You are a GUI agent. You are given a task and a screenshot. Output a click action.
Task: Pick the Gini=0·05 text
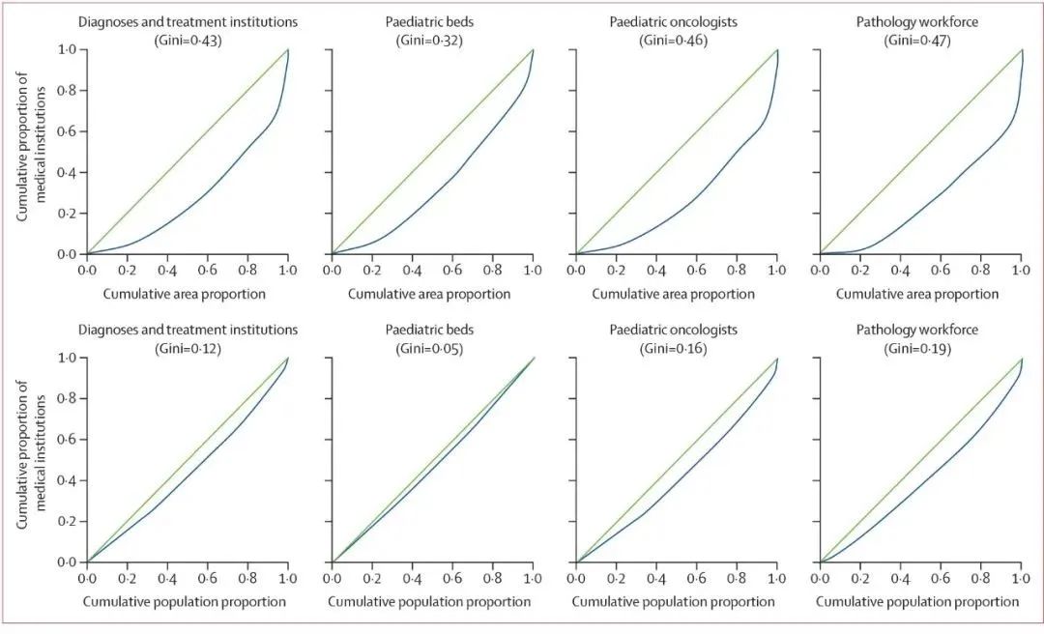coord(430,347)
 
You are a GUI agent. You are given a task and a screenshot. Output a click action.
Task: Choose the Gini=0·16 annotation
coord(674,347)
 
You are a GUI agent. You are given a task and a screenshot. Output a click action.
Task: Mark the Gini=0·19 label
coord(917,347)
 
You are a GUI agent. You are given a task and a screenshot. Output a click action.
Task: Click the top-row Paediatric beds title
coord(430,20)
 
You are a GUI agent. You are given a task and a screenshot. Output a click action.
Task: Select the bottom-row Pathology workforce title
coord(917,330)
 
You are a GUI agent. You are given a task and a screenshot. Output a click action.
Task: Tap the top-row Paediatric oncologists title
coord(674,20)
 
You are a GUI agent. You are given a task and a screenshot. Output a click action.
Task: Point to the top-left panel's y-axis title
coord(31,152)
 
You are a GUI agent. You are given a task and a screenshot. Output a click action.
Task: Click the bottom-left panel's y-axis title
coord(31,460)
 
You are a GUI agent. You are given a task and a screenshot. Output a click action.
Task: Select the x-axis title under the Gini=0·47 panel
coord(917,293)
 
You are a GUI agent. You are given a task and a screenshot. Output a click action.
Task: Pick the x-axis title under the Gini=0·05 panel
coord(430,601)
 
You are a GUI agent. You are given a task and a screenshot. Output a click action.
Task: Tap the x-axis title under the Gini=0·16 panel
coord(674,601)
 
